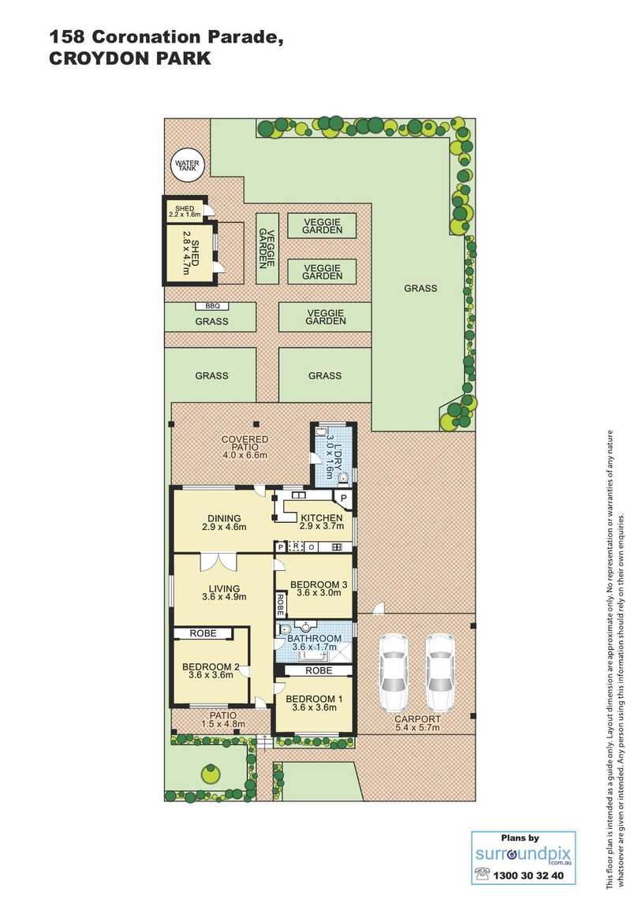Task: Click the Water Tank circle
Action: (x=188, y=165)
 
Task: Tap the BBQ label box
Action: (x=212, y=306)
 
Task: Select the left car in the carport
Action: (x=394, y=673)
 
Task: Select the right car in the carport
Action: (x=440, y=673)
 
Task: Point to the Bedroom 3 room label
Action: (x=319, y=584)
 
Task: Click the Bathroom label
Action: (x=315, y=639)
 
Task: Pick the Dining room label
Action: (x=225, y=518)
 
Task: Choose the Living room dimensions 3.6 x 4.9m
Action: (x=225, y=597)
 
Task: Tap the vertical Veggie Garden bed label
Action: (x=267, y=248)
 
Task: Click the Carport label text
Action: (x=417, y=719)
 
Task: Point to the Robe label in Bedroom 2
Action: (x=203, y=633)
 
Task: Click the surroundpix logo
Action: (x=523, y=855)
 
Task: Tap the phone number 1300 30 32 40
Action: (x=528, y=875)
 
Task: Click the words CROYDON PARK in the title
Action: (x=130, y=58)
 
